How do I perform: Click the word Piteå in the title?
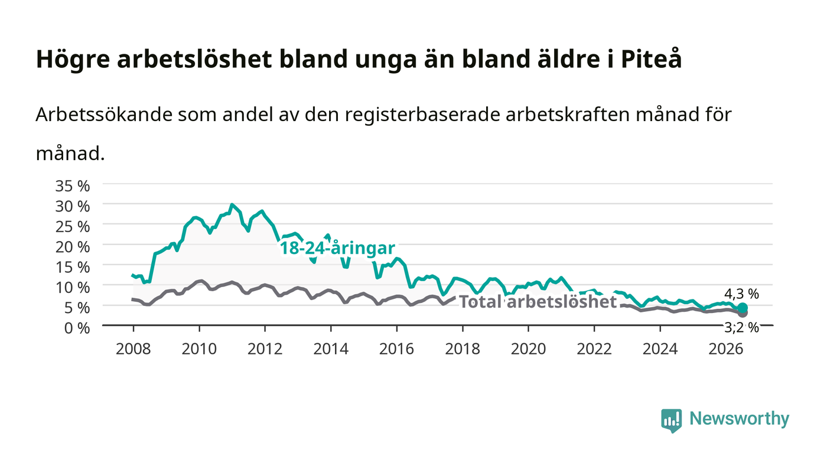coord(651,59)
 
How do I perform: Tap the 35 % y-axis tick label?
coord(72,186)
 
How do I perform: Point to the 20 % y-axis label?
coord(72,247)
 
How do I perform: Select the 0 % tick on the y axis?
coord(77,328)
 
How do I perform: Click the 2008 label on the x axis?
coord(134,349)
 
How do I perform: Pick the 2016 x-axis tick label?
coord(396,349)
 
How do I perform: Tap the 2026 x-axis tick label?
coord(726,349)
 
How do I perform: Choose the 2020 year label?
coord(528,349)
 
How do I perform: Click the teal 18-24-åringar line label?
coord(337,248)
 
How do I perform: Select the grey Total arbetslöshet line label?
coord(538,301)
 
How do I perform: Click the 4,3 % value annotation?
coord(741,294)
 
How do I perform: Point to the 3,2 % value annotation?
coord(741,328)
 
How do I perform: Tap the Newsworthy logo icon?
coord(671,421)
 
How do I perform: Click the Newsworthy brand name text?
coord(739,419)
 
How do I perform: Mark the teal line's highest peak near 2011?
coord(232,204)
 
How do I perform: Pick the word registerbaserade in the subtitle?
coord(422,115)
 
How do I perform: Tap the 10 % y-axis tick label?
coord(72,288)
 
